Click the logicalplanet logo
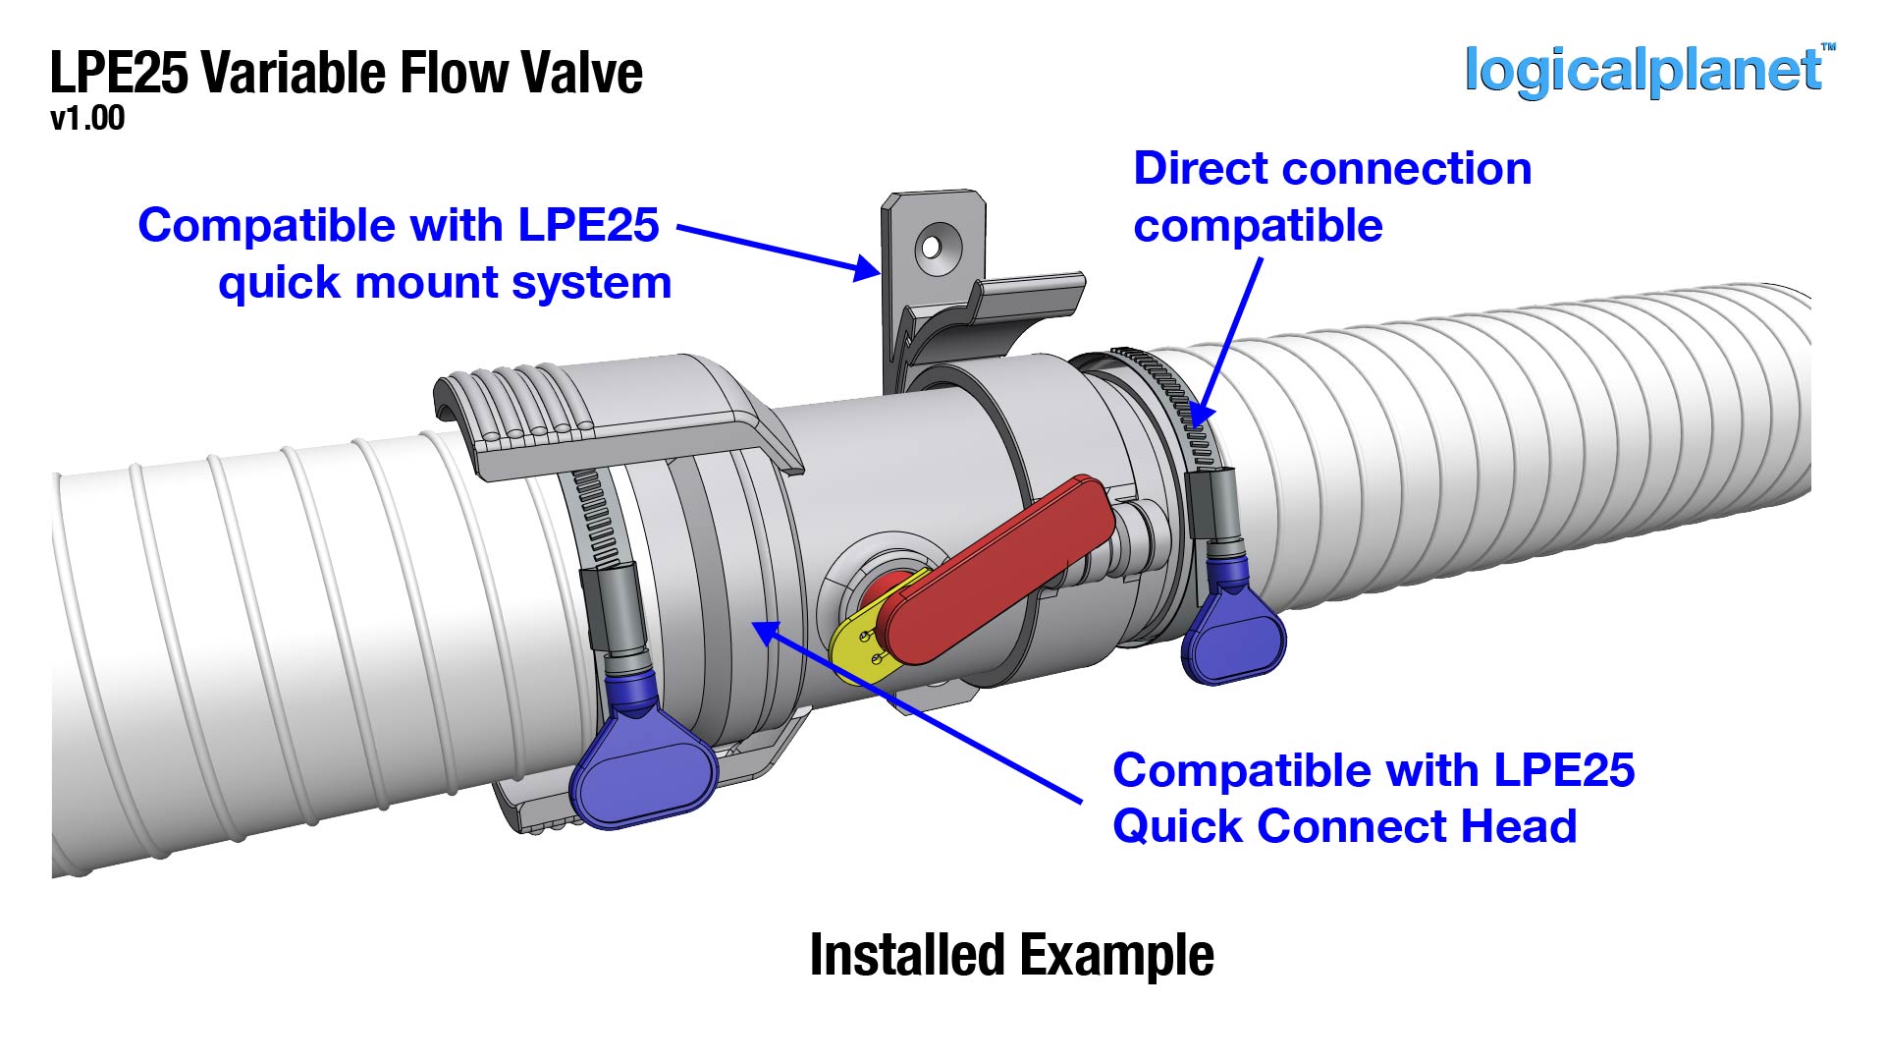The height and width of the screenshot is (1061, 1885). pos(1642,71)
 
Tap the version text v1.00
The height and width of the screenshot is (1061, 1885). pos(87,119)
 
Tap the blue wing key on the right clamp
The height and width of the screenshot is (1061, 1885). pos(1233,634)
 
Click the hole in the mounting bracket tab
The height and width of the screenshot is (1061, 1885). pos(930,246)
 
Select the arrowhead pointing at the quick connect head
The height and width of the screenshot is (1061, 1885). pos(768,634)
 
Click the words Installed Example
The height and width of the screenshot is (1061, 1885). pos(1011,955)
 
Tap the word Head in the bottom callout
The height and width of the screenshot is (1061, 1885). pos(1518,826)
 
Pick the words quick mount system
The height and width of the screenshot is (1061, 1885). pos(445,284)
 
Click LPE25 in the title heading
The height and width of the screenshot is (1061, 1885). pos(119,73)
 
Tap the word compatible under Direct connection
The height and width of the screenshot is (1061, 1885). pos(1258,226)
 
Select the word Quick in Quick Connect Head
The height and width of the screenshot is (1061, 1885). pos(1177,826)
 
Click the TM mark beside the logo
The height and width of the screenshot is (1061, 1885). pos(1828,46)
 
